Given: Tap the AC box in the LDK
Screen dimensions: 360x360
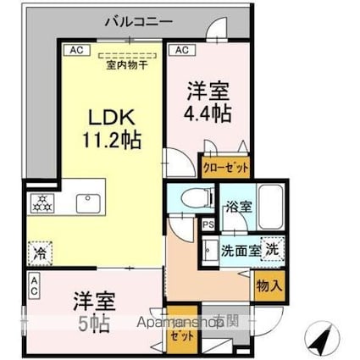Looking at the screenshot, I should (x=75, y=50).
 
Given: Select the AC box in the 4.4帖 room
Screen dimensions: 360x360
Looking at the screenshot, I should (x=180, y=50).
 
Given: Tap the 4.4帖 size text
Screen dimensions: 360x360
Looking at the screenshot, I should (x=211, y=111).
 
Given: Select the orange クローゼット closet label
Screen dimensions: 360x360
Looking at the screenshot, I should (x=226, y=167).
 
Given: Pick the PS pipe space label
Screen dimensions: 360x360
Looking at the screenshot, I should (x=207, y=225).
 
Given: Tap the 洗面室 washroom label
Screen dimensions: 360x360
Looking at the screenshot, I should (x=240, y=251).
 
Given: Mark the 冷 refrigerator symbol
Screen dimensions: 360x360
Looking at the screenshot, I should (x=39, y=252).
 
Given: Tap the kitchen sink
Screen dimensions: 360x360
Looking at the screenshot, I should (x=88, y=203).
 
